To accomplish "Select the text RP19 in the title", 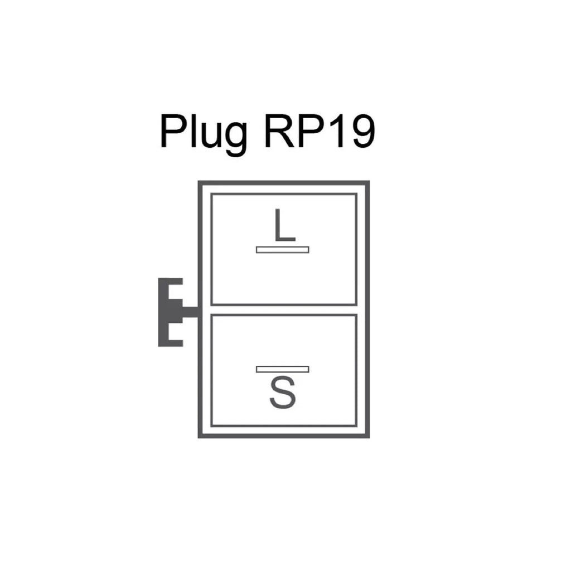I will point(317,132).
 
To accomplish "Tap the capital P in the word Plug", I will point(172,132).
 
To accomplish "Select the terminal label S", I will point(282,393).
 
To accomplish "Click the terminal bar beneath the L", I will point(282,249).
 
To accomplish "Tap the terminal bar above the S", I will point(282,369).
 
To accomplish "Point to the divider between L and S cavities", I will point(284,310).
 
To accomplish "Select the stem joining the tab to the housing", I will point(190,311).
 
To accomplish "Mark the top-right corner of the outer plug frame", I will point(368,182).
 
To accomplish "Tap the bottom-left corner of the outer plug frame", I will point(200,436).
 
